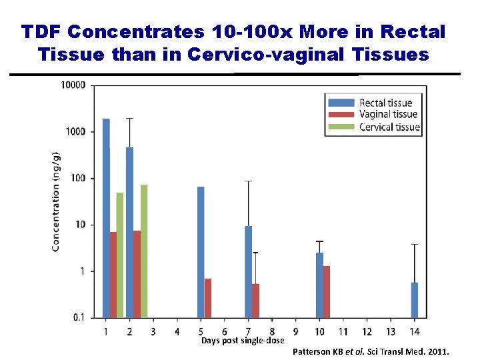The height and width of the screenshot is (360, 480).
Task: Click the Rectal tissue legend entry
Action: point(385,103)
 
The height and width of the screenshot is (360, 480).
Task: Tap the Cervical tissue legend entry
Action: point(389,127)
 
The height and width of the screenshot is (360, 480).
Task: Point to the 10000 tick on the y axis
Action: point(73,85)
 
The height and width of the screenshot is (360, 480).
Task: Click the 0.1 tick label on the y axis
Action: point(79,317)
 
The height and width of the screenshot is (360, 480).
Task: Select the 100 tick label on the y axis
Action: point(77,178)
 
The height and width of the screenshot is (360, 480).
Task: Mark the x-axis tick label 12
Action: point(367,331)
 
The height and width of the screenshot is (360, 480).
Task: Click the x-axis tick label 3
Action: point(153,331)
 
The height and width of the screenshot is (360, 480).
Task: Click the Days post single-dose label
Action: point(243,341)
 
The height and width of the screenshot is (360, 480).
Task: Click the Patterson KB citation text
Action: point(371,351)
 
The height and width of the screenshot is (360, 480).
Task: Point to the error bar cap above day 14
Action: point(415,245)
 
